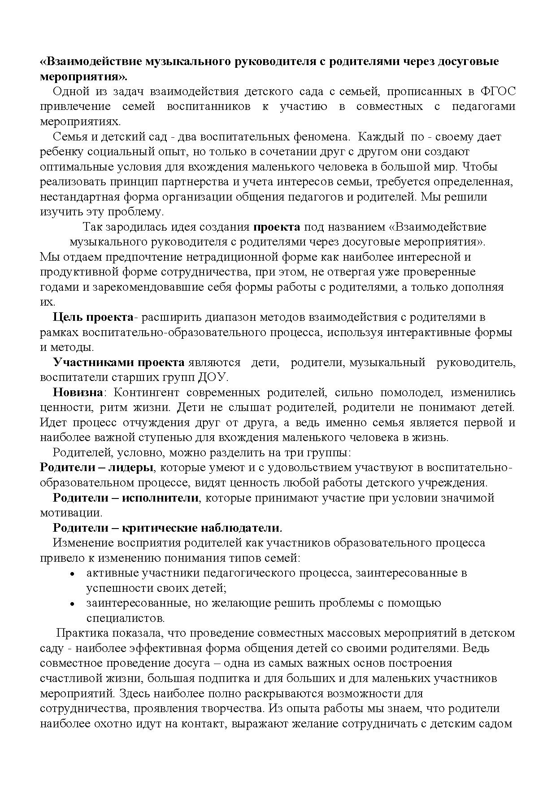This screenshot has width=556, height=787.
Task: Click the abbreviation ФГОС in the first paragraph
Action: click(x=497, y=92)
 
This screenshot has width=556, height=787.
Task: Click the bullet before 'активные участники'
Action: click(x=72, y=573)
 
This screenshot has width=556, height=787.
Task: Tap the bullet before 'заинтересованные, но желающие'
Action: click(x=72, y=603)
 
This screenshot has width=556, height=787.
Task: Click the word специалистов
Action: click(x=125, y=618)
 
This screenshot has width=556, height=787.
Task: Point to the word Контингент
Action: click(x=147, y=392)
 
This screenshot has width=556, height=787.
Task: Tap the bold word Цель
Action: click(x=68, y=317)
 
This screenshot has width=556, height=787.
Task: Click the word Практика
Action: click(x=81, y=633)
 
